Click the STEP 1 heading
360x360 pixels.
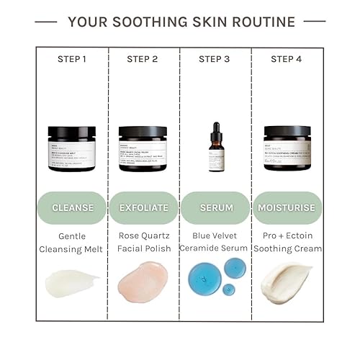click(x=72, y=59)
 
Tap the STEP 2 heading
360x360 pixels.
click(x=143, y=59)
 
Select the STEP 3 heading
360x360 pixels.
click(x=215, y=59)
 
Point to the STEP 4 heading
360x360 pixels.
click(x=287, y=59)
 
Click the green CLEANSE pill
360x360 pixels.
click(x=73, y=207)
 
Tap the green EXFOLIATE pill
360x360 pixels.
click(x=143, y=207)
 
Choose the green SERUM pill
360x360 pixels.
click(x=216, y=207)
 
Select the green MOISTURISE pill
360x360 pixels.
click(x=287, y=207)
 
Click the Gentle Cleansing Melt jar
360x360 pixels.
click(x=72, y=148)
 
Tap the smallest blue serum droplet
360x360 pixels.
click(x=229, y=289)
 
